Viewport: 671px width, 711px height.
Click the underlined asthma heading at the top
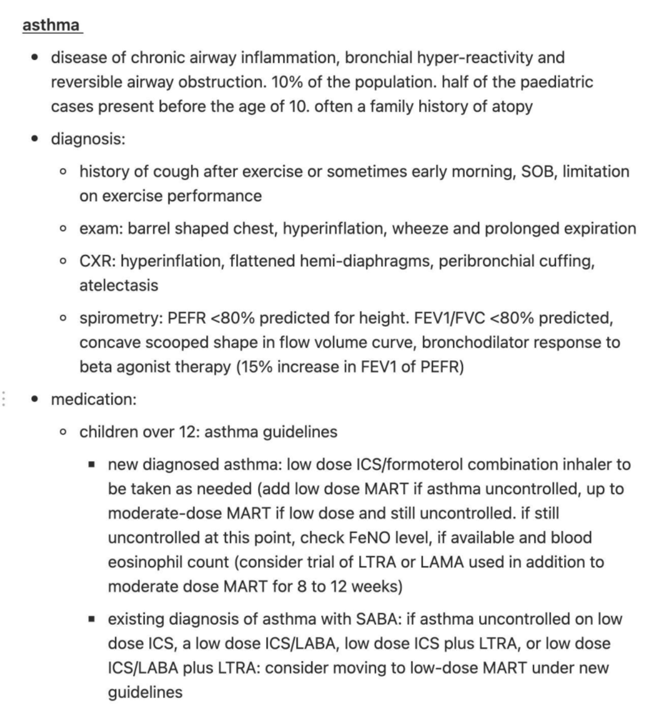(x=51, y=25)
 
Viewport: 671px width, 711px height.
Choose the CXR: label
(x=97, y=261)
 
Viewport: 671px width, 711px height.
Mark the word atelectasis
(x=119, y=285)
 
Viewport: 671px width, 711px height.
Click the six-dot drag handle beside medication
(x=4, y=399)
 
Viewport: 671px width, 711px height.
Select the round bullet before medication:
(x=36, y=399)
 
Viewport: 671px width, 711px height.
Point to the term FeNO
(x=369, y=538)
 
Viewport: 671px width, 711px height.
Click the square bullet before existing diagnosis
(x=92, y=619)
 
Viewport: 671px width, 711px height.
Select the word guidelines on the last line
(x=145, y=693)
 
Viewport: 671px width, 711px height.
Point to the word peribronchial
(x=486, y=261)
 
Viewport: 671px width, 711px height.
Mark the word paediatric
(x=556, y=82)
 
